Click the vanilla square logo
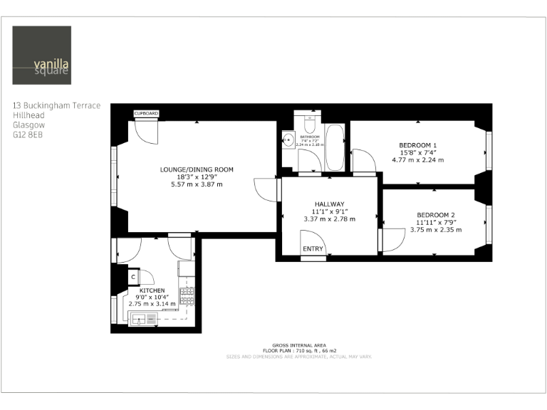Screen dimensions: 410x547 tap(42, 56)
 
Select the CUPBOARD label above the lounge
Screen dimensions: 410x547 tap(147, 114)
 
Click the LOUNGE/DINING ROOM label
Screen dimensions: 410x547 tap(197, 169)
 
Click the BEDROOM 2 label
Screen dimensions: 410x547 tap(436, 215)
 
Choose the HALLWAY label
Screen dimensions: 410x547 tap(329, 204)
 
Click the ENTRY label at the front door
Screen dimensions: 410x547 tap(313, 248)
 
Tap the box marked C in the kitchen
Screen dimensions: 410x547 tap(132, 277)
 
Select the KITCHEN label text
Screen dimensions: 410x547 tap(152, 290)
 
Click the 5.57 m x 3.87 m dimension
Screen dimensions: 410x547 tap(197, 184)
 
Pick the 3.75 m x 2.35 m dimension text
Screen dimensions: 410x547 tap(436, 229)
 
